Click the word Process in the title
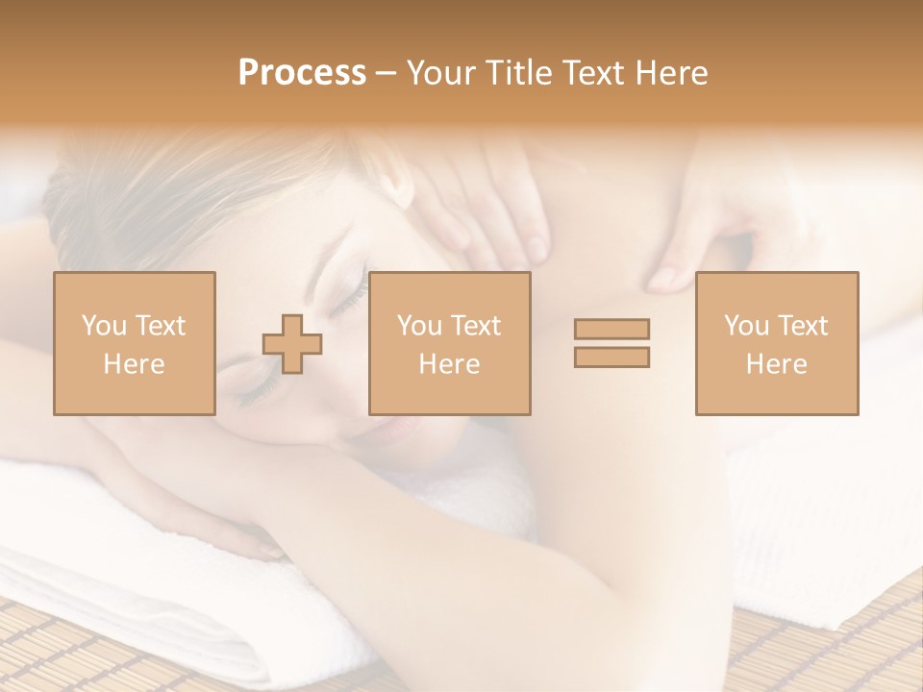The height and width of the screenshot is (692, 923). pos(302,73)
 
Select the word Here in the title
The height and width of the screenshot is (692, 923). pos(670,73)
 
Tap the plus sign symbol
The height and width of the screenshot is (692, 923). pos(292,343)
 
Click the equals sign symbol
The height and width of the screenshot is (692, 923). pos(611,343)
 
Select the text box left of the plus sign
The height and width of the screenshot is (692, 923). pos(135,343)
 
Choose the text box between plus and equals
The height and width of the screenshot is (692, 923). pos(449,343)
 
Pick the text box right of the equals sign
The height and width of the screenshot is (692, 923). pos(777,343)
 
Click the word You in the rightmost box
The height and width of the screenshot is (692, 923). pos(746,326)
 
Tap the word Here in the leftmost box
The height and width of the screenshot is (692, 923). pos(134,364)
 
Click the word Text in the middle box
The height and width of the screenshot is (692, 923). pos(476,326)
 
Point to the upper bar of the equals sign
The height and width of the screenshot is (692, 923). pos(611,329)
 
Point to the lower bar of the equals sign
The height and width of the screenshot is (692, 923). pos(611,358)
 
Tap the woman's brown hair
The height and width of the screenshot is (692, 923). pos(144,202)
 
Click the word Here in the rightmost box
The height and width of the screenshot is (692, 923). pos(776,364)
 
